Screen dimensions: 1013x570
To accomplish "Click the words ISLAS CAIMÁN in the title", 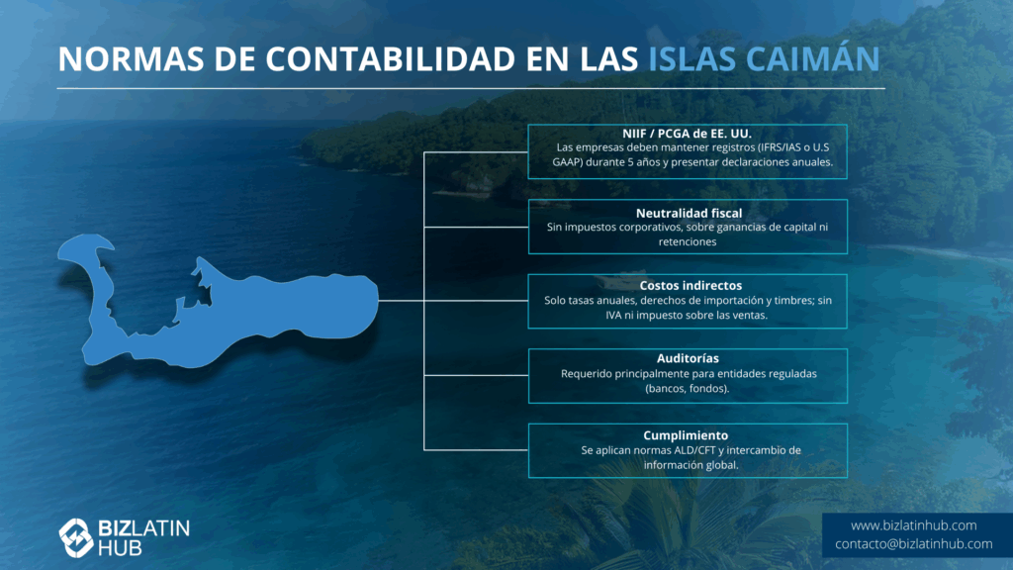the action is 764,58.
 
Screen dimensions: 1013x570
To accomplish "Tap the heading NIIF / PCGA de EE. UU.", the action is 687,134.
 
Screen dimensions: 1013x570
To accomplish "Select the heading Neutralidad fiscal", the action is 689,214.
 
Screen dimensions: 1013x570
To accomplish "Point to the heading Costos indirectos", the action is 691,286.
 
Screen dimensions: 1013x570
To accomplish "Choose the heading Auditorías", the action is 688,358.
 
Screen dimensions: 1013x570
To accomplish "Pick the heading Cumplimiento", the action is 686,435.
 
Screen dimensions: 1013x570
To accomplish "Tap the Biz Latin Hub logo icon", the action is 76,537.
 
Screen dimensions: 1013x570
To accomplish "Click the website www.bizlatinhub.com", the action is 913,525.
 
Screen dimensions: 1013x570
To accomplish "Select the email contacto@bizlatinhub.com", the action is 913,544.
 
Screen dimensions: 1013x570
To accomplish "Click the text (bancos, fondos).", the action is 688,388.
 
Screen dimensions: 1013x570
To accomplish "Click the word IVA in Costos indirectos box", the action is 613,316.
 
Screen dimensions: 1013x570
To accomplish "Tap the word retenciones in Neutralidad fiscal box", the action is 688,241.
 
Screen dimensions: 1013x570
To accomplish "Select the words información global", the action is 691,465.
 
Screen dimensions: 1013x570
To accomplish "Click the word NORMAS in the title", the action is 132,58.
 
